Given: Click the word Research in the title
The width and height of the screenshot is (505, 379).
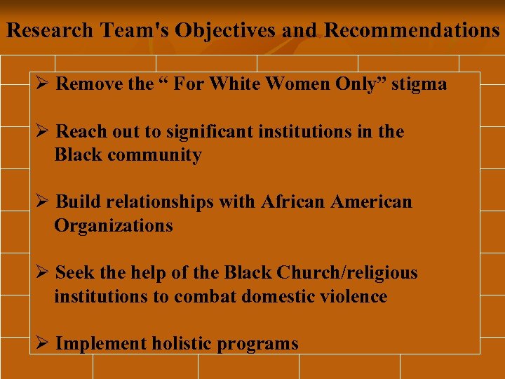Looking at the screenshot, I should (49, 31).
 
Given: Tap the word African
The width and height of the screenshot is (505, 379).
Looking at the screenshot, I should (293, 202).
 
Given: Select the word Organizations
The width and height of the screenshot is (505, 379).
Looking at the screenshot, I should (113, 226).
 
